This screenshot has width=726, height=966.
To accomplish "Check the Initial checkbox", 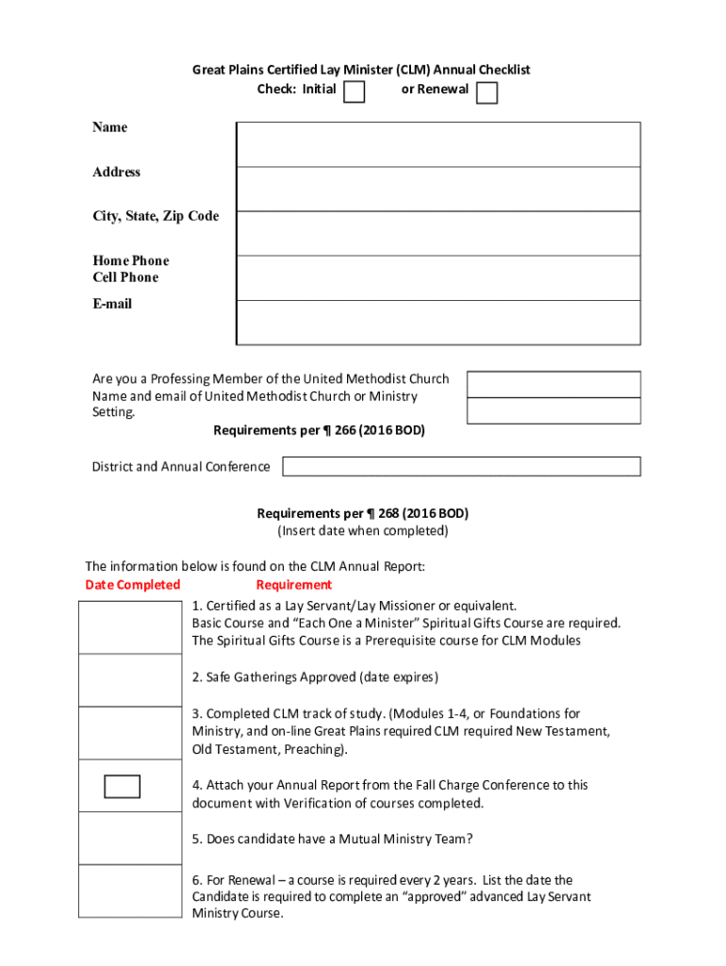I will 354,92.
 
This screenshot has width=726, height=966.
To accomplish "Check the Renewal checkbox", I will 487,92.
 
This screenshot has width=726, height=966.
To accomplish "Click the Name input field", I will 437,144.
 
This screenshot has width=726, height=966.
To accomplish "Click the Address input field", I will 437,189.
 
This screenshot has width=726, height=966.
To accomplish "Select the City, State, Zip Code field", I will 437,233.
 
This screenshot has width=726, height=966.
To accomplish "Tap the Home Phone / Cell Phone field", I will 437,278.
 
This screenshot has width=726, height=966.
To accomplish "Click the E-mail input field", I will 437,323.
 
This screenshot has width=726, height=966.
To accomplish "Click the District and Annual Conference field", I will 461,466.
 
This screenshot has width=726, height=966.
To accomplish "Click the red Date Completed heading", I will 133,585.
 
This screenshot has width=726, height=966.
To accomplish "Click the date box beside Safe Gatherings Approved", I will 128,679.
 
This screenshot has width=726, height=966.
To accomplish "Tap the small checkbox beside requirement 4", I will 123,786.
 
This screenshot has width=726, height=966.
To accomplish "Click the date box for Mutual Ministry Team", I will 128,838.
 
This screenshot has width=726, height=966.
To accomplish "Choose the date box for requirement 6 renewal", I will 128,891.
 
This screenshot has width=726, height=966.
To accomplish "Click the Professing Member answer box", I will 553,384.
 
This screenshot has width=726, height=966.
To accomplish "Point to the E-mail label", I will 112,304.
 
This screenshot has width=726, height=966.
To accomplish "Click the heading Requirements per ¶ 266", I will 319,431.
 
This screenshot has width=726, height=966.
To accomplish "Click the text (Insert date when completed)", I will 362,531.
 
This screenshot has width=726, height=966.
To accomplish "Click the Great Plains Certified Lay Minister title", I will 362,70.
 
